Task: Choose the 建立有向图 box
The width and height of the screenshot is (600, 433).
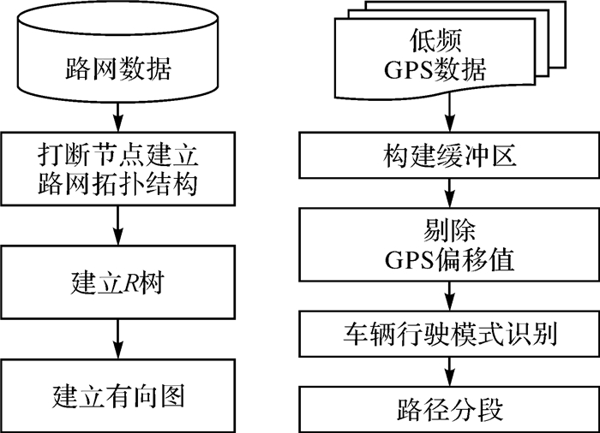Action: (x=119, y=395)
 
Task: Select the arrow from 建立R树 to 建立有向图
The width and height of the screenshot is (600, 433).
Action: (x=119, y=341)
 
